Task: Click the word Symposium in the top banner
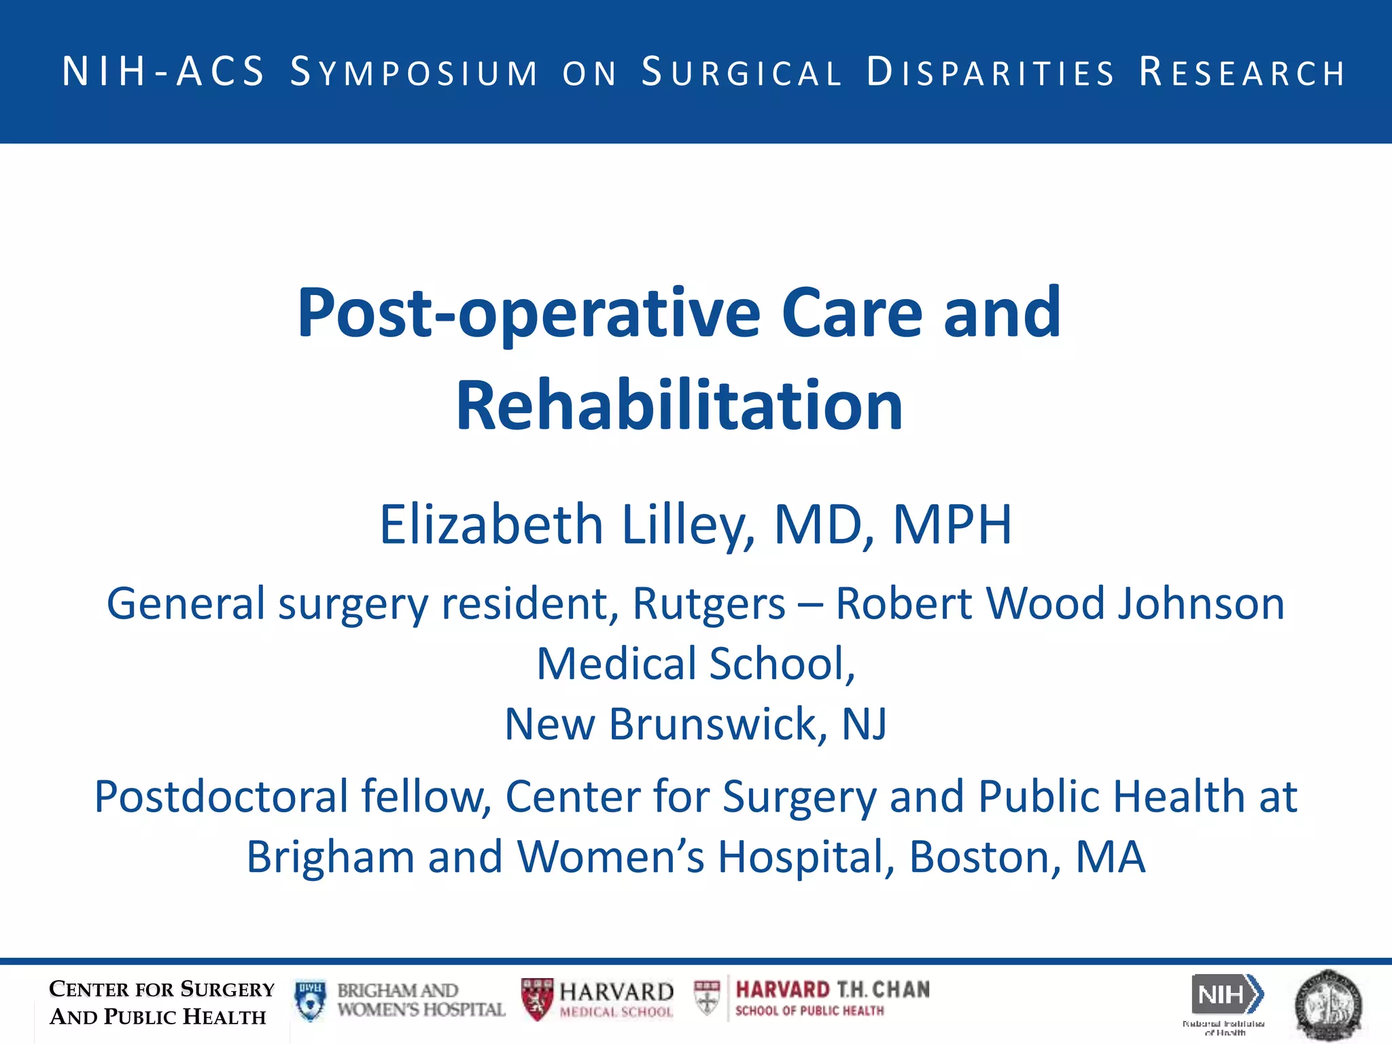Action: pos(415,73)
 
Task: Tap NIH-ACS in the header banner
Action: pos(163,71)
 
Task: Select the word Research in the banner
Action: pos(1242,73)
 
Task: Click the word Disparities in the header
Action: pos(991,73)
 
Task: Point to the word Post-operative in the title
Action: pos(529,314)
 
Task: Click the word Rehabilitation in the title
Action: pos(679,406)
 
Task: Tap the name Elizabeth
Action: pos(491,525)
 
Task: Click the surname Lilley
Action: pos(688,525)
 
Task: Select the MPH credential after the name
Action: pos(952,525)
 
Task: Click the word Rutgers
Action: pos(709,604)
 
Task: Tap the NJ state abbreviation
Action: pos(864,724)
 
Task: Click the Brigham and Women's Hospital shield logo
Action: pos(311,1000)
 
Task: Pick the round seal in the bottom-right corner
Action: pos(1329,1005)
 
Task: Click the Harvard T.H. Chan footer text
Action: pos(832,990)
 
